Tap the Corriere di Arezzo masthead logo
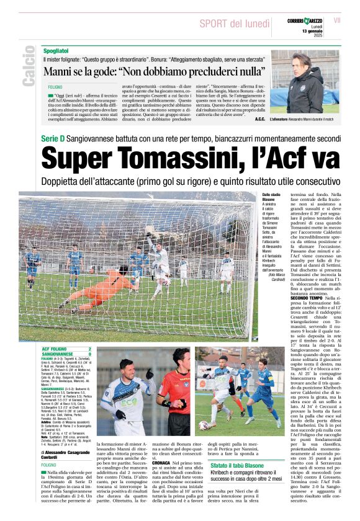pyautogui.click(x=307, y=22)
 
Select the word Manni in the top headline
pyautogui.click(x=59, y=71)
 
